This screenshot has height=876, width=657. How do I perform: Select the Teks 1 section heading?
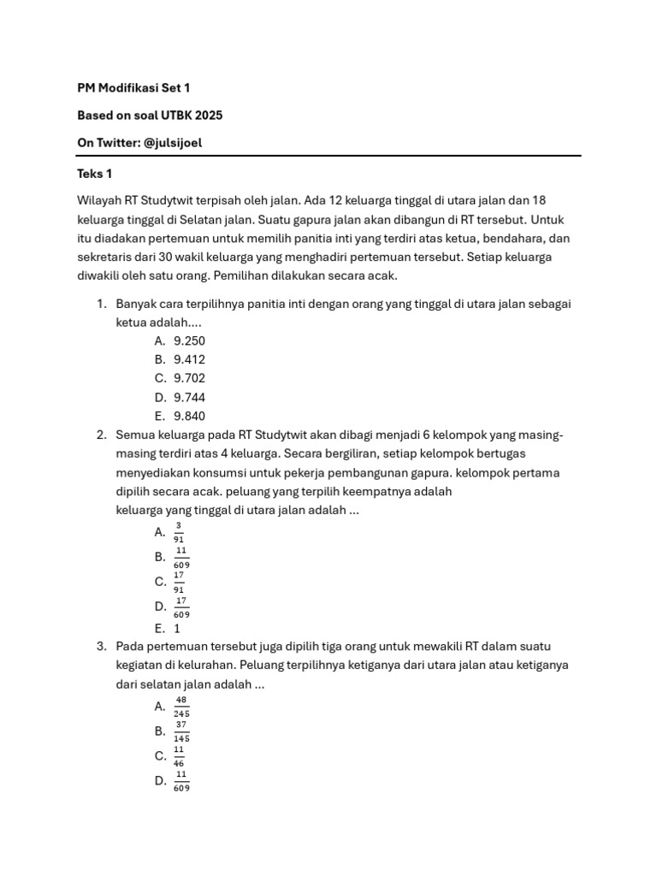click(x=95, y=175)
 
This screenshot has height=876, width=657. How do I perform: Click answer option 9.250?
click(x=189, y=340)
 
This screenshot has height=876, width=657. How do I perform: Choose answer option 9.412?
click(x=189, y=359)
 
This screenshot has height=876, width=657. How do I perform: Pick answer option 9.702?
click(x=189, y=378)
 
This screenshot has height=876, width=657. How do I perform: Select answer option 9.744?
click(x=189, y=397)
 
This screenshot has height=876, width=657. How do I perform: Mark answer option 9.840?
click(x=189, y=416)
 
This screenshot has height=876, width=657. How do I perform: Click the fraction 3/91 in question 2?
click(x=178, y=532)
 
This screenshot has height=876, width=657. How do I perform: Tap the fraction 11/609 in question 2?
click(x=181, y=557)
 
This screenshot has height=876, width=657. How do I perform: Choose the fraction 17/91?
click(x=179, y=582)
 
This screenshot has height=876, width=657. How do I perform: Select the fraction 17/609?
click(x=181, y=607)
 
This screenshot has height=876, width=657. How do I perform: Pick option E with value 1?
click(x=177, y=628)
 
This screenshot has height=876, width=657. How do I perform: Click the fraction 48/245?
click(x=181, y=706)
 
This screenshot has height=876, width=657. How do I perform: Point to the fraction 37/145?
click(x=181, y=731)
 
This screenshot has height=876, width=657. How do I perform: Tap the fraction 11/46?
click(x=179, y=755)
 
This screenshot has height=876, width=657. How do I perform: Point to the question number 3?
click(x=101, y=646)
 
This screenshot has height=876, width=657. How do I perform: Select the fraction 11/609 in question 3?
click(x=181, y=780)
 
